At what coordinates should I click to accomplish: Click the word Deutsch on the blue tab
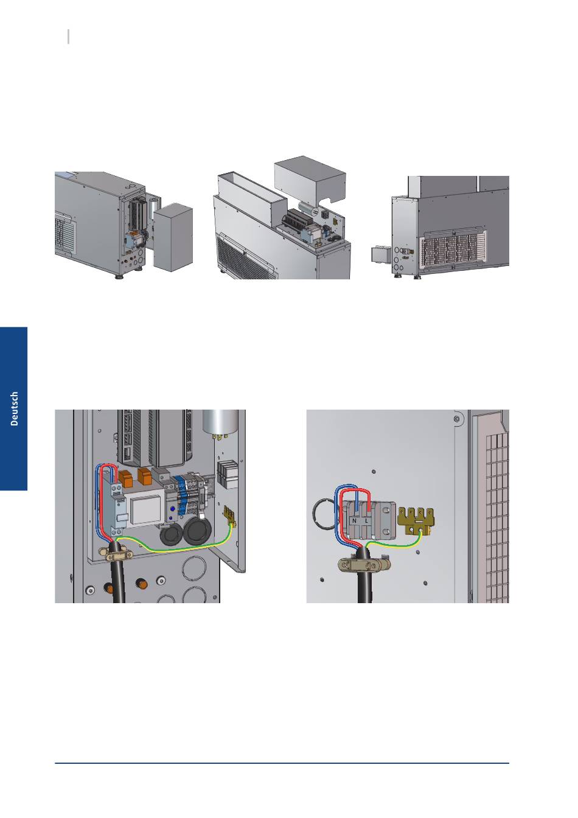(x=14, y=408)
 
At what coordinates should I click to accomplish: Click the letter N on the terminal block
(x=355, y=521)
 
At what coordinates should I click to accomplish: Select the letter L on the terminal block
(x=366, y=521)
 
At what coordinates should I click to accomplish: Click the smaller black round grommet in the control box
(x=171, y=536)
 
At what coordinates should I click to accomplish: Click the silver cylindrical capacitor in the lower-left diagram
(x=220, y=424)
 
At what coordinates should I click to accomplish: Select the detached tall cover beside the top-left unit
(x=173, y=237)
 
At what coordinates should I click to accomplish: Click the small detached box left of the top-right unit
(x=381, y=254)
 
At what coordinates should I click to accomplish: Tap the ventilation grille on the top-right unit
(x=453, y=251)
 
